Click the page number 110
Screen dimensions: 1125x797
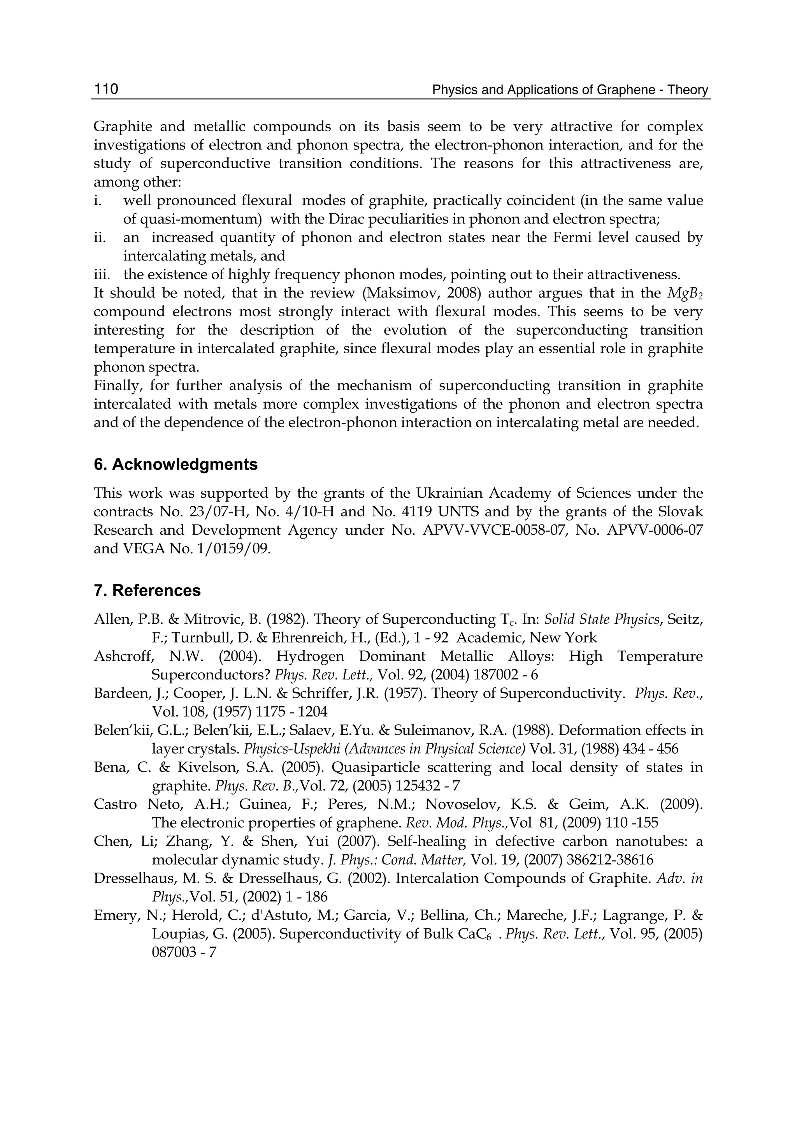(x=106, y=89)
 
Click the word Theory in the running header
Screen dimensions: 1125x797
(x=688, y=90)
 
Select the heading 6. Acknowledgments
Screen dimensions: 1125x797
(x=175, y=464)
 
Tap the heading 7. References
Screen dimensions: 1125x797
(x=147, y=590)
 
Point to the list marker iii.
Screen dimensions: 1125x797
(x=102, y=274)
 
